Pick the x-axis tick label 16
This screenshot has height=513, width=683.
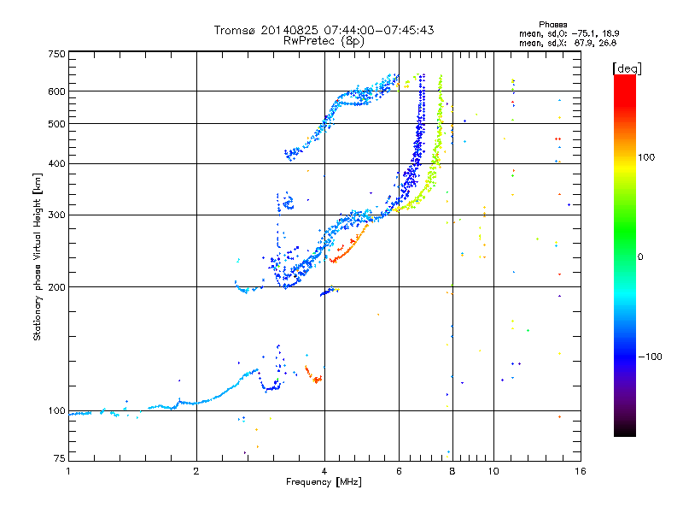click(578, 472)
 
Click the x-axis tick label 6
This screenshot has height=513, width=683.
click(399, 472)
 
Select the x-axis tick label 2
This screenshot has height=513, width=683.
click(196, 472)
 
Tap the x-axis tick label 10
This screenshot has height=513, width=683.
click(493, 472)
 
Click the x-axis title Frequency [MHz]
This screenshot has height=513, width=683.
click(324, 483)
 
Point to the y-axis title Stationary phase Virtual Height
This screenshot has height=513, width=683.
click(38, 257)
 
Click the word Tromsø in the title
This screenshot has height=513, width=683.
click(235, 30)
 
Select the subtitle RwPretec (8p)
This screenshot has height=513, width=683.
click(324, 40)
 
